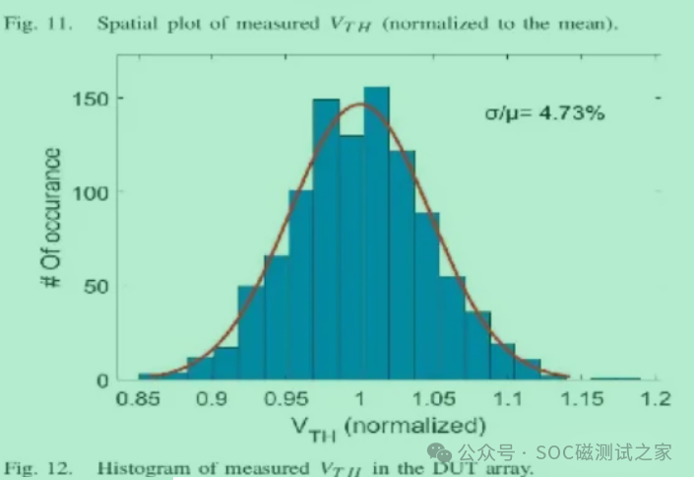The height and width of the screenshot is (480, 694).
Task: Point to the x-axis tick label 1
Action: click(x=360, y=399)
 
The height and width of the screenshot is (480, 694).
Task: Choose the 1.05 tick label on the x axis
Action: click(x=434, y=399)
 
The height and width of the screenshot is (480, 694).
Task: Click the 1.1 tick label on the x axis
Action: click(x=508, y=399)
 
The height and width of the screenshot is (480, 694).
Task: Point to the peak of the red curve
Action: click(x=360, y=104)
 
